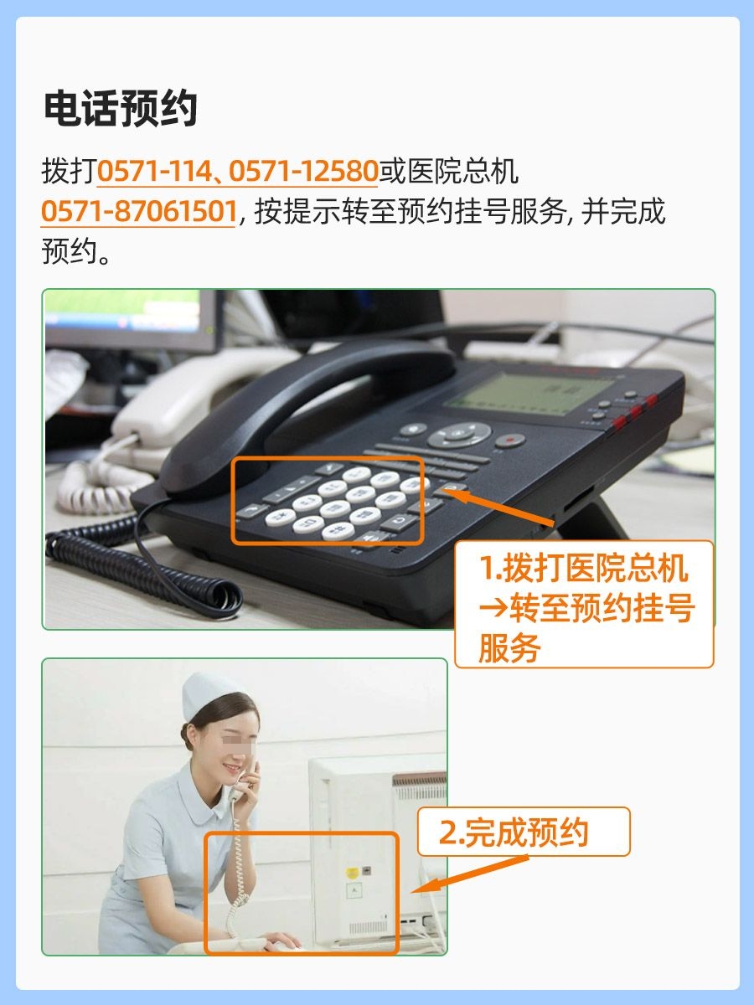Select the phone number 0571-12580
pos(303,172)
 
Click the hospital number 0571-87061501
pos(138,212)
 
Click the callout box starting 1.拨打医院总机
pos(583,604)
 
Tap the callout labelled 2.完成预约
pos(523,832)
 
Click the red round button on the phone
pos(509,440)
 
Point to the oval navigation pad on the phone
pos(459,434)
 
